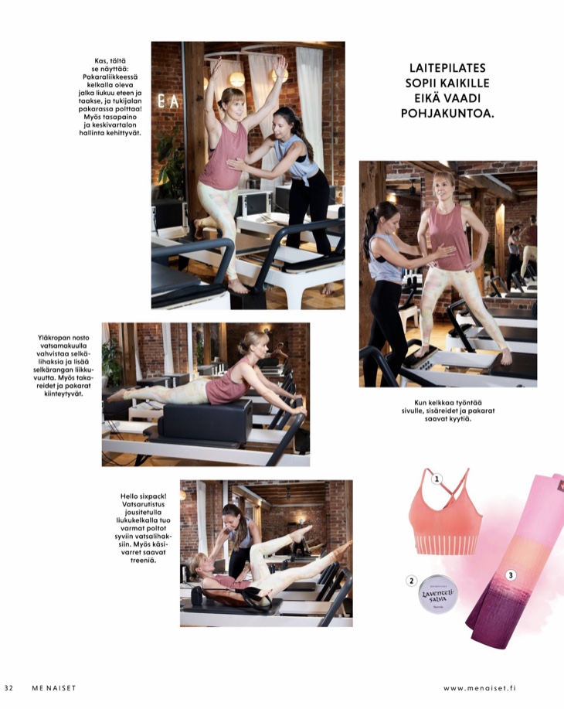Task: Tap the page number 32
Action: (9, 688)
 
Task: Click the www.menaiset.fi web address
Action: (490, 688)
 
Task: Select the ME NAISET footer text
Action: (53, 688)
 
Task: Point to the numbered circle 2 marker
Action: (412, 581)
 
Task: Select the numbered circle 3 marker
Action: (511, 575)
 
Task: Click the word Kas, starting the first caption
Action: (97, 61)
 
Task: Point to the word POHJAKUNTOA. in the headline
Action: (447, 113)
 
